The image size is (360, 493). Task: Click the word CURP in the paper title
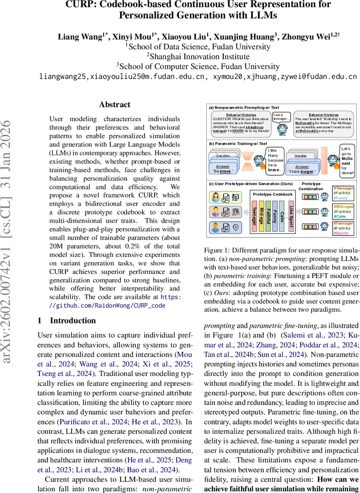pyautogui.click(x=79, y=5)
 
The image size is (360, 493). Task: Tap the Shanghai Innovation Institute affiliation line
pyautogui.click(x=198, y=56)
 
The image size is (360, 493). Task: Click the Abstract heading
pyautogui.click(x=115, y=104)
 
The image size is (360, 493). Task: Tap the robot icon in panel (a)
pyautogui.click(x=282, y=129)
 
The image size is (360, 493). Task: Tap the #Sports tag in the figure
pyautogui.click(x=343, y=233)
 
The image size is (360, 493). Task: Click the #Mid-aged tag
pyautogui.click(x=344, y=206)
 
